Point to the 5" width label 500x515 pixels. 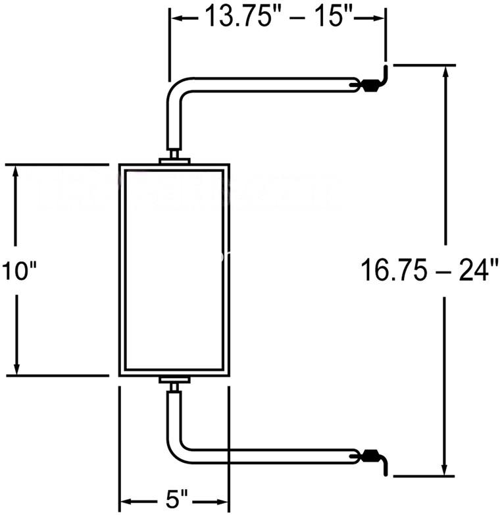pos(174,501)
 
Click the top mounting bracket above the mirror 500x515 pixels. pos(174,157)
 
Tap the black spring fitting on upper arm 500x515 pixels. pos(371,86)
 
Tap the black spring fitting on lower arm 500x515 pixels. pos(371,456)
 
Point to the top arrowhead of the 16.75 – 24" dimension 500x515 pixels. pos(445,74)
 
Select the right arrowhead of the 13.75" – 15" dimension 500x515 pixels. pos(377,18)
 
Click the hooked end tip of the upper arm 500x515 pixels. pos(386,67)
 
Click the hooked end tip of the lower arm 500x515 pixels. pos(386,474)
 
